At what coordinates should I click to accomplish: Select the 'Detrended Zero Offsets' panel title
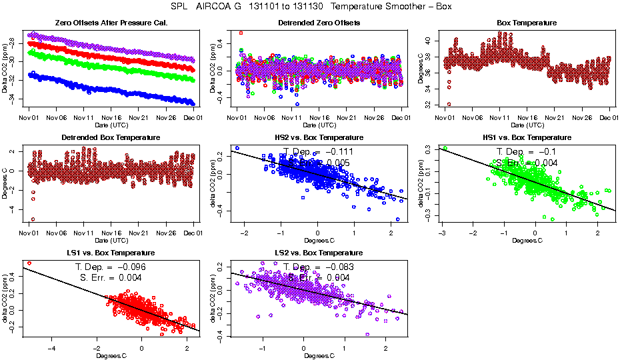click(318, 23)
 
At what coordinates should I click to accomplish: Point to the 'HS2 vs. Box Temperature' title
click(318, 137)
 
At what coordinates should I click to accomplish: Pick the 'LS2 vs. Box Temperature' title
click(318, 253)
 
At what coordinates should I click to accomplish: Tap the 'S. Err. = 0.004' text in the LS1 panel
click(109, 277)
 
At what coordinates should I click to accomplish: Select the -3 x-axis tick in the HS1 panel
click(442, 233)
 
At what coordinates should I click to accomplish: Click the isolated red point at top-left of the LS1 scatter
click(29, 263)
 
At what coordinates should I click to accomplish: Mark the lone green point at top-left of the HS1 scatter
click(445, 149)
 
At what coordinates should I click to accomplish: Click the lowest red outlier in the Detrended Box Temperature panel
click(32, 219)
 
